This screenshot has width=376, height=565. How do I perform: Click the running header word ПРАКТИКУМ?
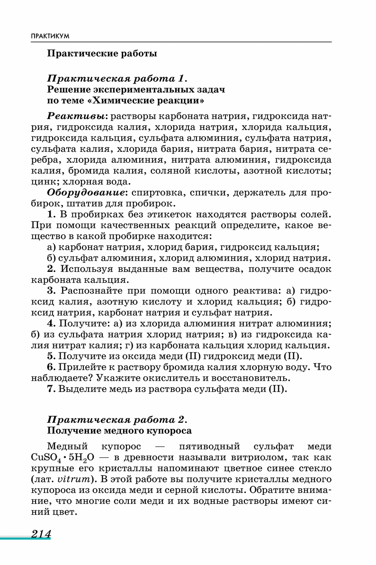(x=50, y=36)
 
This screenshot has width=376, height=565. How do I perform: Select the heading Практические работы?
(x=102, y=54)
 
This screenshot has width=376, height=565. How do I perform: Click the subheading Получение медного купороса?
(x=119, y=431)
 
